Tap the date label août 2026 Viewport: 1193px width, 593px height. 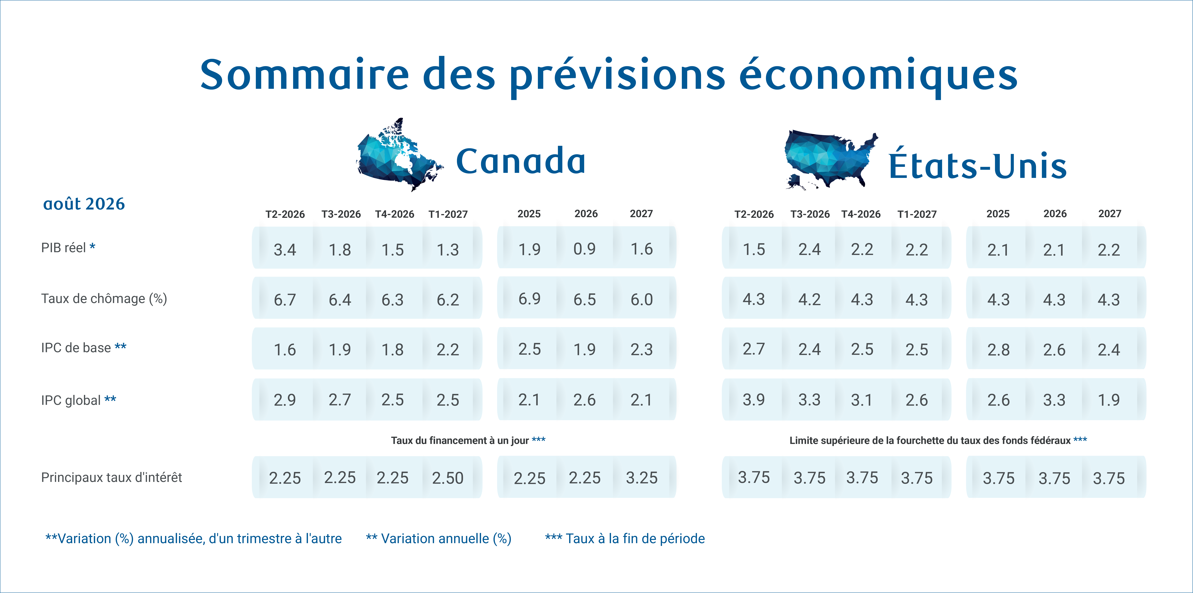click(x=84, y=204)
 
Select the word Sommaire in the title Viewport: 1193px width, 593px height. click(x=305, y=75)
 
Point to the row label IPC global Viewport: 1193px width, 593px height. click(x=71, y=400)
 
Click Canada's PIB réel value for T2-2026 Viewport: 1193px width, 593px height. click(x=285, y=250)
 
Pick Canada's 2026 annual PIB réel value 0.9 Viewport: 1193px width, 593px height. click(x=584, y=249)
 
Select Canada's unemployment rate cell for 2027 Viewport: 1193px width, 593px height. click(x=641, y=300)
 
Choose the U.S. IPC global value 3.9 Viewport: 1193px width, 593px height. click(x=754, y=400)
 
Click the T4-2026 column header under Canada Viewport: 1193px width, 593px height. click(x=395, y=214)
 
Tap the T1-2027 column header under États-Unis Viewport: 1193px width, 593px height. click(x=917, y=214)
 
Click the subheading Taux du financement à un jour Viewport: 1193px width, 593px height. click(x=460, y=441)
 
